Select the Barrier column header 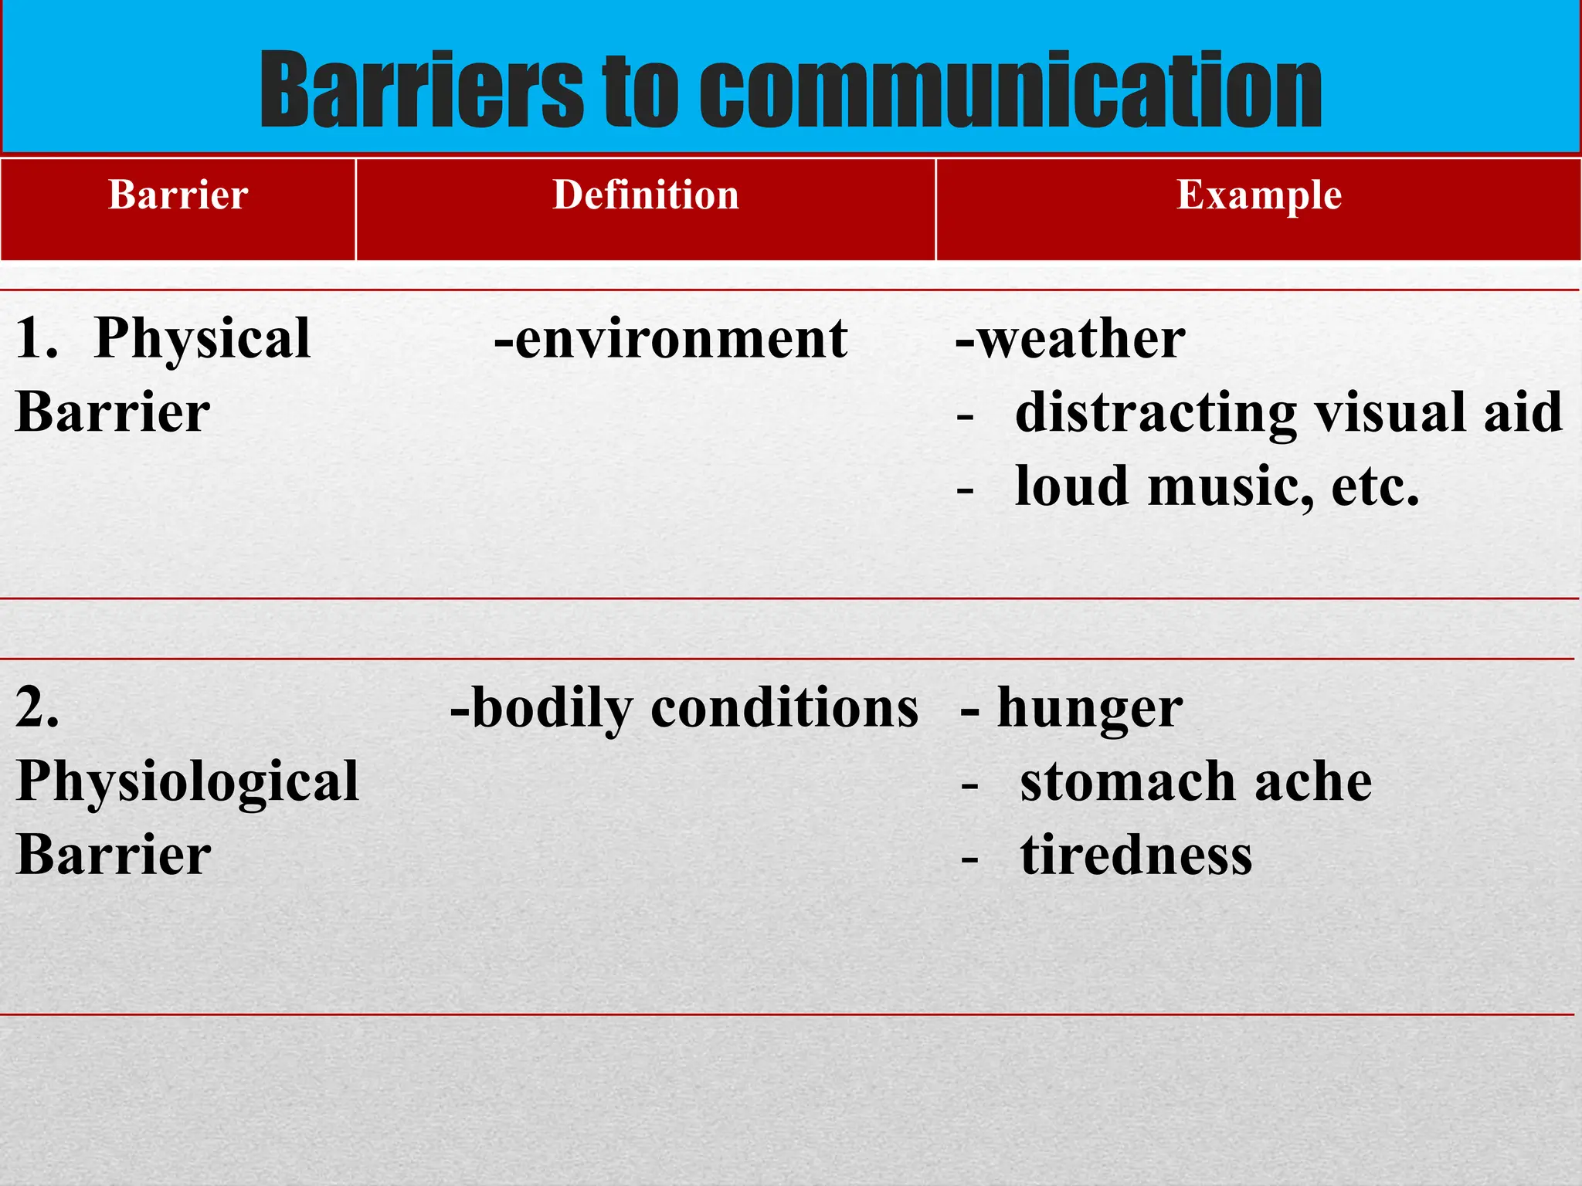[178, 195]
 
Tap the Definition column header [646, 195]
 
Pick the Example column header [1258, 195]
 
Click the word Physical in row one [202, 340]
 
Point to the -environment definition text [670, 340]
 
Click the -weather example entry [1070, 340]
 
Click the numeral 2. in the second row [37, 707]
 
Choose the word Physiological [188, 781]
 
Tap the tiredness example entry [1136, 856]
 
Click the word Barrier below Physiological [114, 856]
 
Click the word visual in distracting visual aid [1390, 413]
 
